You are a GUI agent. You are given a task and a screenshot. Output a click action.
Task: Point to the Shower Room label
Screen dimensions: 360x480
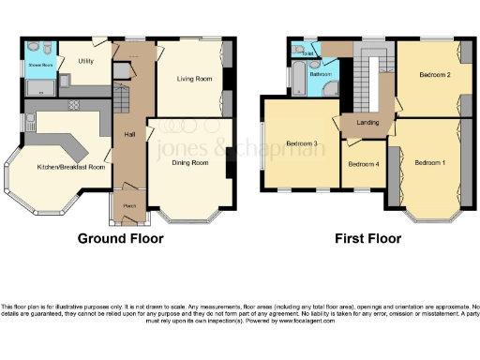pos(38,67)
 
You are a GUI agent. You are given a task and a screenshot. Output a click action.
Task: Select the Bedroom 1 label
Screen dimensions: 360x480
pos(429,162)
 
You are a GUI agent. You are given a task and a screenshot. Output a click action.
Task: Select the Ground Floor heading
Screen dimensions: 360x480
pos(120,239)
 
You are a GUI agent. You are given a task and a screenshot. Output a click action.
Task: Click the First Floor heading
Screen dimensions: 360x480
pos(368,239)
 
